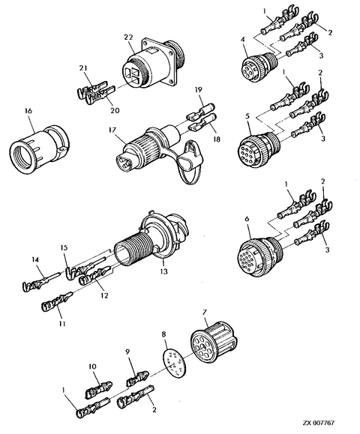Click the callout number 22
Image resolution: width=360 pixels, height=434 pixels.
(x=129, y=37)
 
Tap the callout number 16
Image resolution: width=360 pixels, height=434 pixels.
(x=28, y=111)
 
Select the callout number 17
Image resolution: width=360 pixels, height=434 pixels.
(x=112, y=130)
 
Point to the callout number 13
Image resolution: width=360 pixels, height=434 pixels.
(x=164, y=271)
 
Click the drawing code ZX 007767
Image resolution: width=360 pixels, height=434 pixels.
(x=319, y=424)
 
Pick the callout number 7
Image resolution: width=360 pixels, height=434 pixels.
(x=204, y=313)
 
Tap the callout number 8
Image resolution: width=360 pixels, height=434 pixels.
(x=164, y=334)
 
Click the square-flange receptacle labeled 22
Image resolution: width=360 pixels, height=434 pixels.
(x=152, y=64)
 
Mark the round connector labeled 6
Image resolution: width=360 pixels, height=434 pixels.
(x=259, y=255)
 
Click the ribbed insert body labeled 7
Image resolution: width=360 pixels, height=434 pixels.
(x=214, y=341)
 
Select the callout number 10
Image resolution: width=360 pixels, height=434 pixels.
(x=92, y=367)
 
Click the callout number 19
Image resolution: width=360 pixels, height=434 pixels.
(x=199, y=90)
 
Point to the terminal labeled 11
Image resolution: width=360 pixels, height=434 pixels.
(x=57, y=302)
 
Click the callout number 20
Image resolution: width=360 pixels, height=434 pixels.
(x=115, y=110)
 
